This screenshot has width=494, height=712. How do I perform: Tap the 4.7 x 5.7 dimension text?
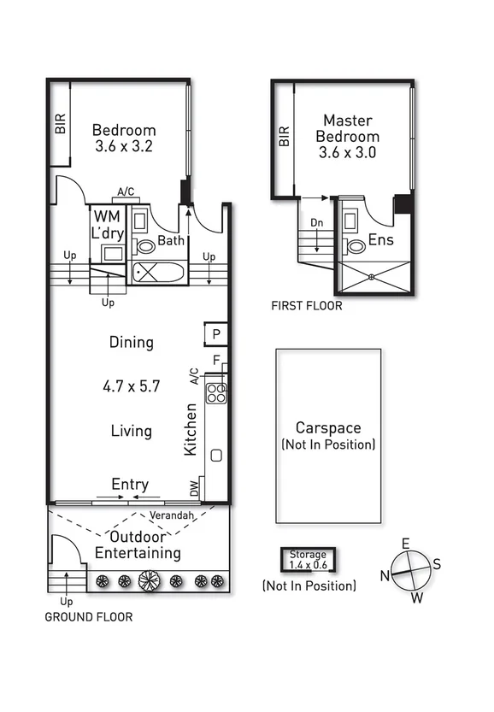click(131, 385)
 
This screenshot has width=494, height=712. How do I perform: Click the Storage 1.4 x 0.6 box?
click(308, 560)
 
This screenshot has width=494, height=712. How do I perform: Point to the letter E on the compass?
click(406, 544)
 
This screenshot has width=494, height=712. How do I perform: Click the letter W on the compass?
click(417, 597)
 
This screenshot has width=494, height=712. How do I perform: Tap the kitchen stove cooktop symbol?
click(217, 391)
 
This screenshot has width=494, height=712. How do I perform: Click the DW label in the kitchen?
click(194, 489)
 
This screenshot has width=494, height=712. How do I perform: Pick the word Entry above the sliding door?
click(130, 485)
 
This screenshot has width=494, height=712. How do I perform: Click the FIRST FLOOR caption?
click(306, 305)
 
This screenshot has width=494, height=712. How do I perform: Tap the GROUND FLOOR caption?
click(89, 616)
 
